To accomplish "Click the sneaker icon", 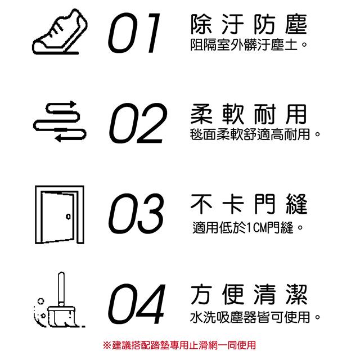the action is [x=60, y=32].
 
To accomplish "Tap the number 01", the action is [x=134, y=33].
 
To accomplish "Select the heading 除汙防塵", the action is [x=249, y=24].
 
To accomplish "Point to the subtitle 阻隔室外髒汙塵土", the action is [x=249, y=44].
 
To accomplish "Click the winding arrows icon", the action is [x=60, y=121].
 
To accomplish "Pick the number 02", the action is [x=138, y=123].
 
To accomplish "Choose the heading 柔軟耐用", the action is [x=249, y=114].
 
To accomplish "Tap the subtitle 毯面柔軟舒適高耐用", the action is [x=255, y=134].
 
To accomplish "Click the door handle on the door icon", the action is [x=68, y=216].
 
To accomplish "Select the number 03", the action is [x=136, y=214].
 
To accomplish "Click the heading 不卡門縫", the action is [x=249, y=204].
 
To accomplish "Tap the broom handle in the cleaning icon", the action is [x=61, y=288].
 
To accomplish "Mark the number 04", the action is [x=137, y=304].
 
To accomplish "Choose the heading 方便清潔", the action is [x=249, y=294].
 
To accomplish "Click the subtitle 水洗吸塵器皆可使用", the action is [x=255, y=317].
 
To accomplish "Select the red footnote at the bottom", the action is [x=179, y=345].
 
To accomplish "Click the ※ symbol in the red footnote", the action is [x=107, y=345].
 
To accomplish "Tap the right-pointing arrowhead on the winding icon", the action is [x=73, y=104].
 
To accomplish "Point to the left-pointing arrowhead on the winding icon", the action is [x=57, y=138].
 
